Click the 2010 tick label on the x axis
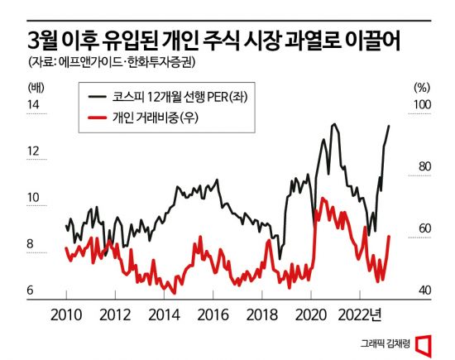pos(65,314)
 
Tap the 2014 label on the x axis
pos(163,314)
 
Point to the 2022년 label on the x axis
pos(363,314)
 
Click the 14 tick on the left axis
pos(34,104)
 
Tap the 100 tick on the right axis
pos(422,104)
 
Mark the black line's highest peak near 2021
pos(333,125)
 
